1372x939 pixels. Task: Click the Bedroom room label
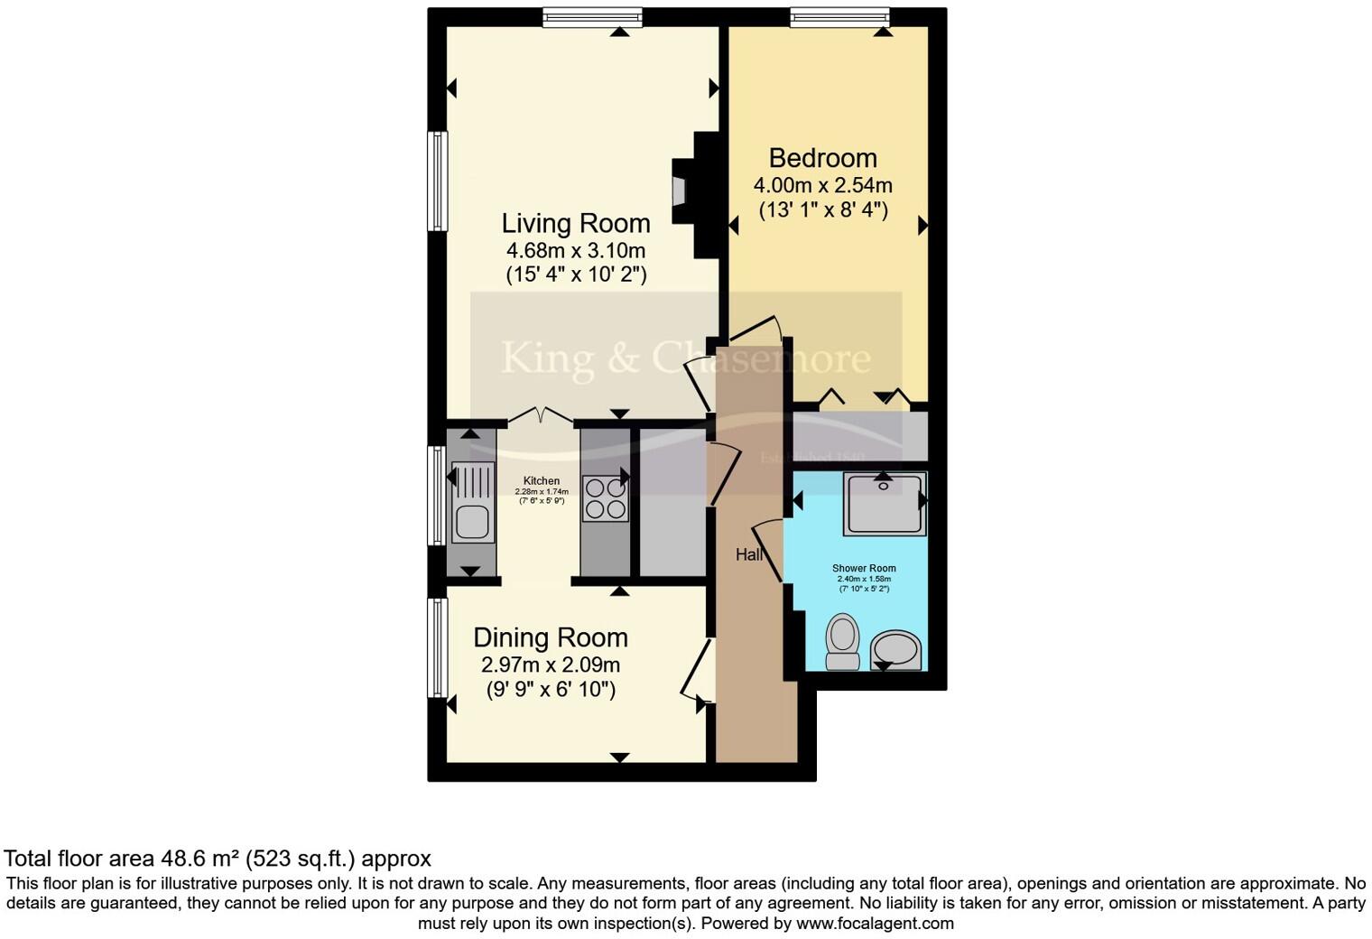click(x=822, y=158)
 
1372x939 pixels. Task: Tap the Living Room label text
click(x=576, y=223)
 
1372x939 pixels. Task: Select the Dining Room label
click(x=551, y=637)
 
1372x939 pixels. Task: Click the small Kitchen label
click(x=542, y=481)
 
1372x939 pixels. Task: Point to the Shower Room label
click(x=864, y=569)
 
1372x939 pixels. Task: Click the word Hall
click(x=748, y=554)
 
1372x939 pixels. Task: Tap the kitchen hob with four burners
click(x=605, y=498)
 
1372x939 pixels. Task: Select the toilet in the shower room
click(x=843, y=641)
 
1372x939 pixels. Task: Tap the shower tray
click(x=884, y=503)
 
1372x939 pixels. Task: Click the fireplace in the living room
click(x=679, y=191)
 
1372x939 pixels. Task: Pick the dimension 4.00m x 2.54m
click(x=822, y=186)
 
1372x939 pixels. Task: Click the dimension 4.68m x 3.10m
click(x=576, y=250)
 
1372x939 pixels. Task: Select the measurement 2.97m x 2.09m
click(x=551, y=665)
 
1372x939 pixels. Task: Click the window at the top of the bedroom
click(x=839, y=16)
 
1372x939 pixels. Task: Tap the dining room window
click(x=437, y=647)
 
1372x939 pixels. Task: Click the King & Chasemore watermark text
click(x=685, y=358)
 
